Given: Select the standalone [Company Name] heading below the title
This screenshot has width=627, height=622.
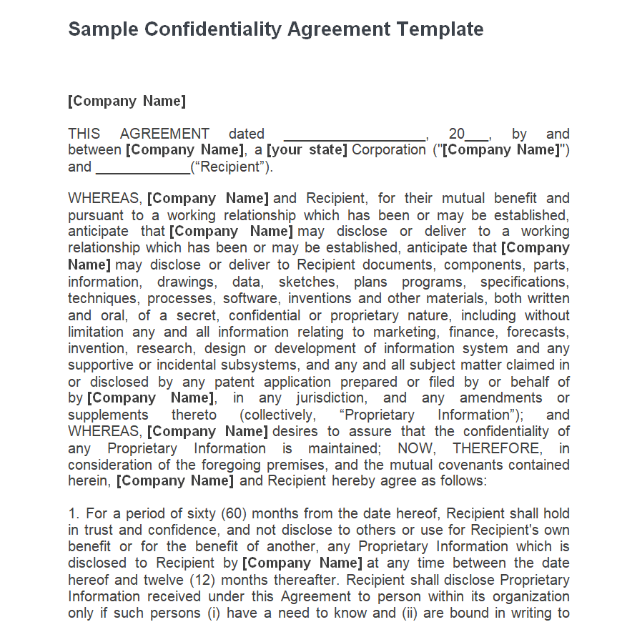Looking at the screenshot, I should pyautogui.click(x=127, y=101).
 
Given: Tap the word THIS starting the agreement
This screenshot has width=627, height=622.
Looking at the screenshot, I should pyautogui.click(x=84, y=134).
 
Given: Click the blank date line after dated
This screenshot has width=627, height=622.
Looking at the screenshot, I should pyautogui.click(x=355, y=135).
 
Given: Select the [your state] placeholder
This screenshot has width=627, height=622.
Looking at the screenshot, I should pyautogui.click(x=307, y=150).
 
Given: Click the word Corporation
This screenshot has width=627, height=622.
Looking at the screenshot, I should pyautogui.click(x=388, y=150).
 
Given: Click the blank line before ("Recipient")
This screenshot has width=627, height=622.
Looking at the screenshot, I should pyautogui.click(x=143, y=168).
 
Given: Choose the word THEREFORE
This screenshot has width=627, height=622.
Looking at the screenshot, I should pyautogui.click(x=496, y=448).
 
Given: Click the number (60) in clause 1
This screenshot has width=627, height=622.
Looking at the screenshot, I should pyautogui.click(x=233, y=514).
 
